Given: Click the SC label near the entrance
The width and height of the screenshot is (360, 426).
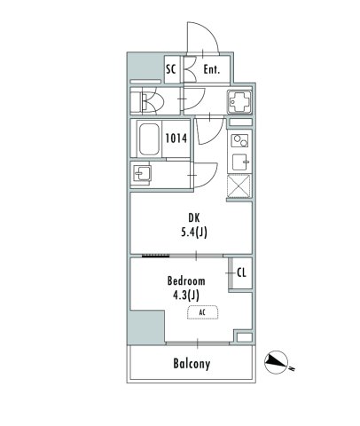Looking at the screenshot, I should [x=171, y=68].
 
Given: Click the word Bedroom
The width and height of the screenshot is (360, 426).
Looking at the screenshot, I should [x=186, y=280].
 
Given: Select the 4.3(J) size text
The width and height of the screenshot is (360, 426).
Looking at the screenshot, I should [x=186, y=296].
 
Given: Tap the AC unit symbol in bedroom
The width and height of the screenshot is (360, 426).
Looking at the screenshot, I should [x=202, y=313].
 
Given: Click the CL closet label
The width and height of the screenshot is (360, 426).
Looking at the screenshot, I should [x=240, y=273].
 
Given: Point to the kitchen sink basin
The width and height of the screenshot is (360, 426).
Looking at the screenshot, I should [x=239, y=161].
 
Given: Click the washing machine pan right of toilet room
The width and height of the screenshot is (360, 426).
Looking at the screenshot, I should [x=239, y=102].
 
